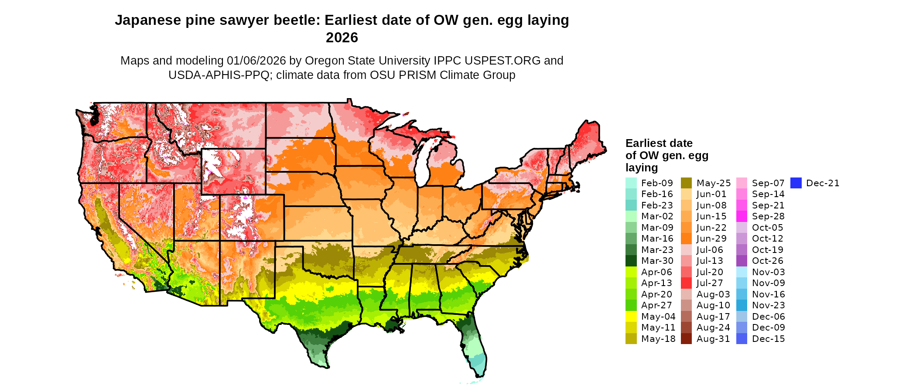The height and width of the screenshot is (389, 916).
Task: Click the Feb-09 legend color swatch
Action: coord(631,183)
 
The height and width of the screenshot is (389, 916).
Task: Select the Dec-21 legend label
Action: coord(823,183)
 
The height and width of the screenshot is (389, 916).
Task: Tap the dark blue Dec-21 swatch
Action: coord(796,183)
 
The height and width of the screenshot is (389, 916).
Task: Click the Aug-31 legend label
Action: coord(713,339)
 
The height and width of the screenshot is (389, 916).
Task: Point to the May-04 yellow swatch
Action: coord(631,317)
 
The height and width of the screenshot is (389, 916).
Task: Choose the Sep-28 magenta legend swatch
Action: coord(742,216)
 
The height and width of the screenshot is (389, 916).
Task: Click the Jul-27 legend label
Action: coord(710,283)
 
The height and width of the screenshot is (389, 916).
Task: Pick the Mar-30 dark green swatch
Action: coord(631,261)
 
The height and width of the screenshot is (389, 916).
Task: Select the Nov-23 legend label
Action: coord(769,305)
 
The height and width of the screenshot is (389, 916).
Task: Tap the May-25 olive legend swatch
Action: coord(686,183)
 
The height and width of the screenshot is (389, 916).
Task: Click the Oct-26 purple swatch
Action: coord(742,261)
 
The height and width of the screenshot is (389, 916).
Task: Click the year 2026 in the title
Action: coord(342,38)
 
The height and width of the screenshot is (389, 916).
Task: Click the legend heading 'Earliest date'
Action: coord(659,143)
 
